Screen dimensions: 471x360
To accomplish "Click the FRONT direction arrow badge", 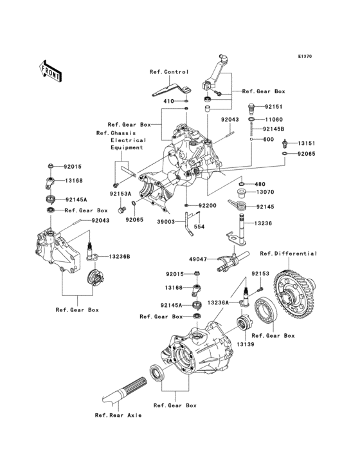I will pos(51,70).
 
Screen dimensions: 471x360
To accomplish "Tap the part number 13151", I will pos(307,143).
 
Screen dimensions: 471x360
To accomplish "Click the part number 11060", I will pos(274,120).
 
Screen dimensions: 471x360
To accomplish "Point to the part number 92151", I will pos(273,107).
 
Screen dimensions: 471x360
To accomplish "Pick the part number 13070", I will pos(265,192).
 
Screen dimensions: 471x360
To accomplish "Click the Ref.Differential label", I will pos(289,254).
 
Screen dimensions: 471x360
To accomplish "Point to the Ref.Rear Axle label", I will pos(118,416).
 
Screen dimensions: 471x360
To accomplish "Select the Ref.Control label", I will pos(169,71).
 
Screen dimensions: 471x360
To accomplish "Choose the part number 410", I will pos(169,101).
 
